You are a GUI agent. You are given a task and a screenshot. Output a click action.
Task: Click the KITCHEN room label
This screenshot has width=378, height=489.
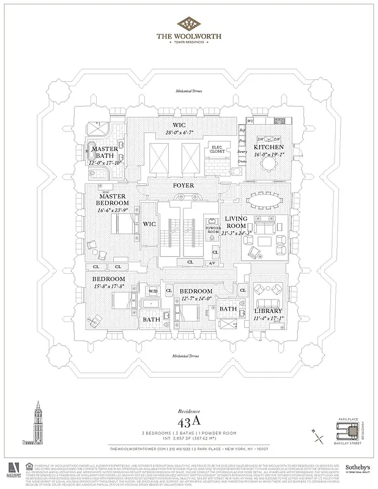[269, 147]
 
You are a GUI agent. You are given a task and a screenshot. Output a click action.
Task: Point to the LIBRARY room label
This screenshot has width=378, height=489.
[268, 311]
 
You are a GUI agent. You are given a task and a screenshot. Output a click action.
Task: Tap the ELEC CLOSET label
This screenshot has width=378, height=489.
[217, 149]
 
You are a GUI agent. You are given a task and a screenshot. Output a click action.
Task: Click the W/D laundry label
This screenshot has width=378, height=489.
[152, 290]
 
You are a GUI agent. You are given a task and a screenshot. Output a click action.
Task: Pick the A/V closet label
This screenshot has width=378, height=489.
[211, 263]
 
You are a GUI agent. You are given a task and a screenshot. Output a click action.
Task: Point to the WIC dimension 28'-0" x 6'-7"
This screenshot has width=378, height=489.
[161, 133]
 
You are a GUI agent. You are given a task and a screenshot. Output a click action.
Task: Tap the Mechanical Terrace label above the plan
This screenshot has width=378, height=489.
[189, 90]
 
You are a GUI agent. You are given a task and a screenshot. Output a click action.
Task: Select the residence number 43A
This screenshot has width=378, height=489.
[189, 422]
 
